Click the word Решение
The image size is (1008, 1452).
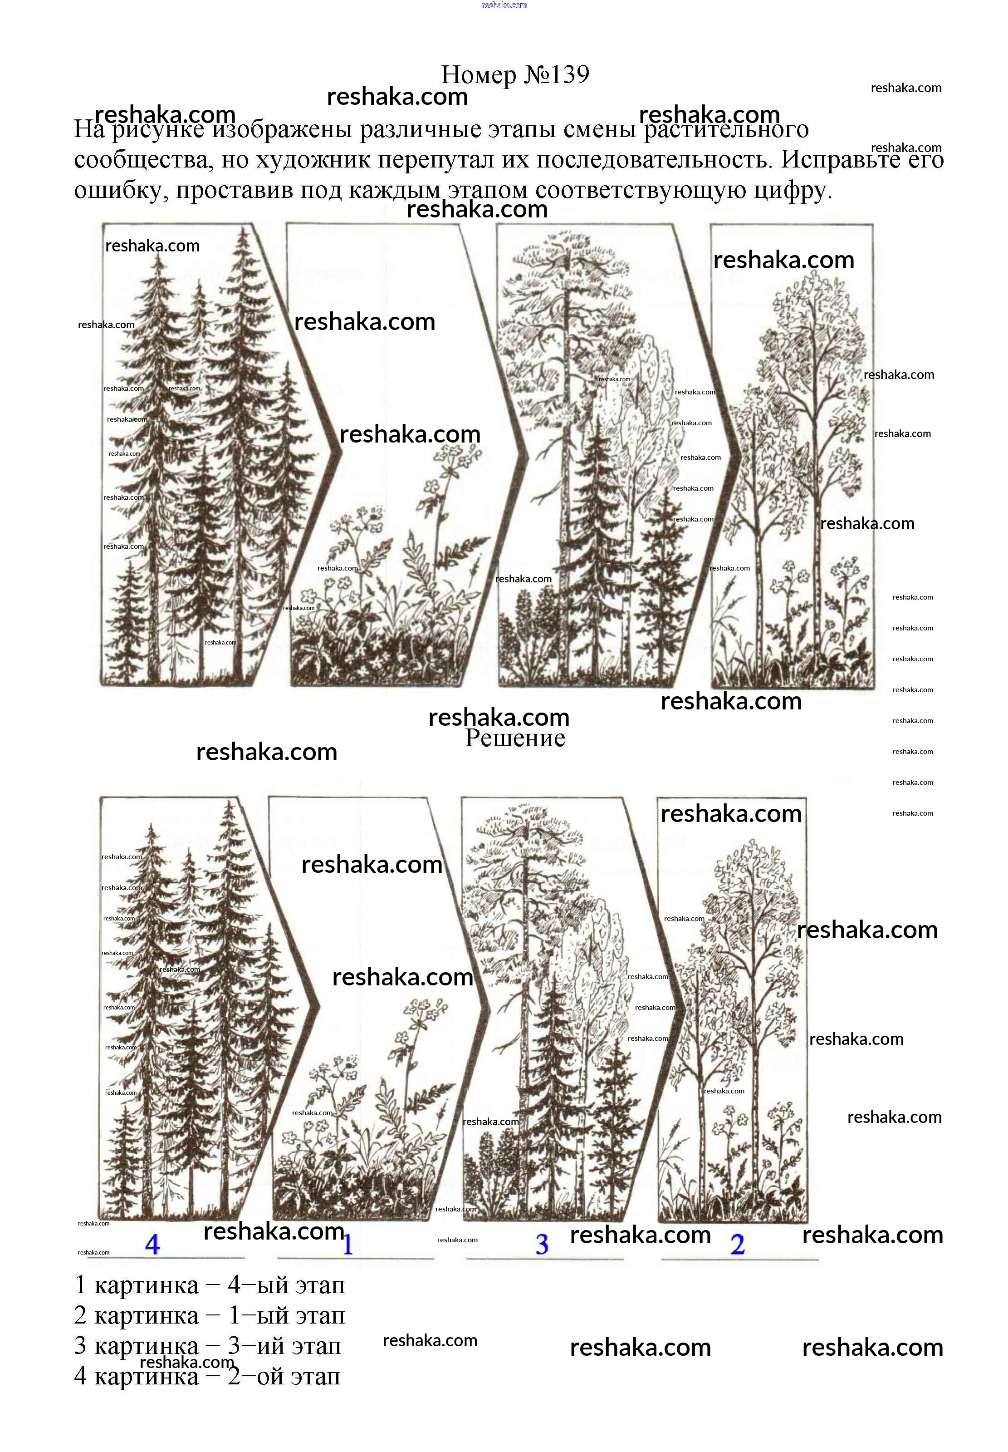[x=515, y=738]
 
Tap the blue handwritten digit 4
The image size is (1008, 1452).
[x=152, y=1244]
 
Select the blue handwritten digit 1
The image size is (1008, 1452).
[x=347, y=1244]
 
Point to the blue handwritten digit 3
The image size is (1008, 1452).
[x=542, y=1244]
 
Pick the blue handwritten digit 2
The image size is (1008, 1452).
[x=738, y=1244]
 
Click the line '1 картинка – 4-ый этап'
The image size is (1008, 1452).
[x=210, y=1285]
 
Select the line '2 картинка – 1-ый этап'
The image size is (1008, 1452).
[x=210, y=1315]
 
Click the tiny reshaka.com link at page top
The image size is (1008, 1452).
[x=504, y=5]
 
